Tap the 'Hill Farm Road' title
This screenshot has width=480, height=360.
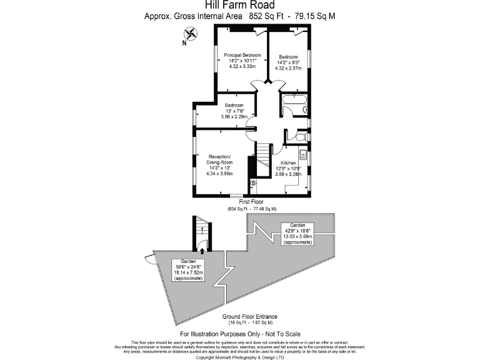240,6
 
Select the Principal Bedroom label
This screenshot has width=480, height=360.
242,55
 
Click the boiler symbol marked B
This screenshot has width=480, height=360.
254,183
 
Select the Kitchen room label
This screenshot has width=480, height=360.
288,162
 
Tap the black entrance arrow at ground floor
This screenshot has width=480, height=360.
201,249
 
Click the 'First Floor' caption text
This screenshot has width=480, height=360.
252,202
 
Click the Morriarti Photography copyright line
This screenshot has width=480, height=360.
240,357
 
